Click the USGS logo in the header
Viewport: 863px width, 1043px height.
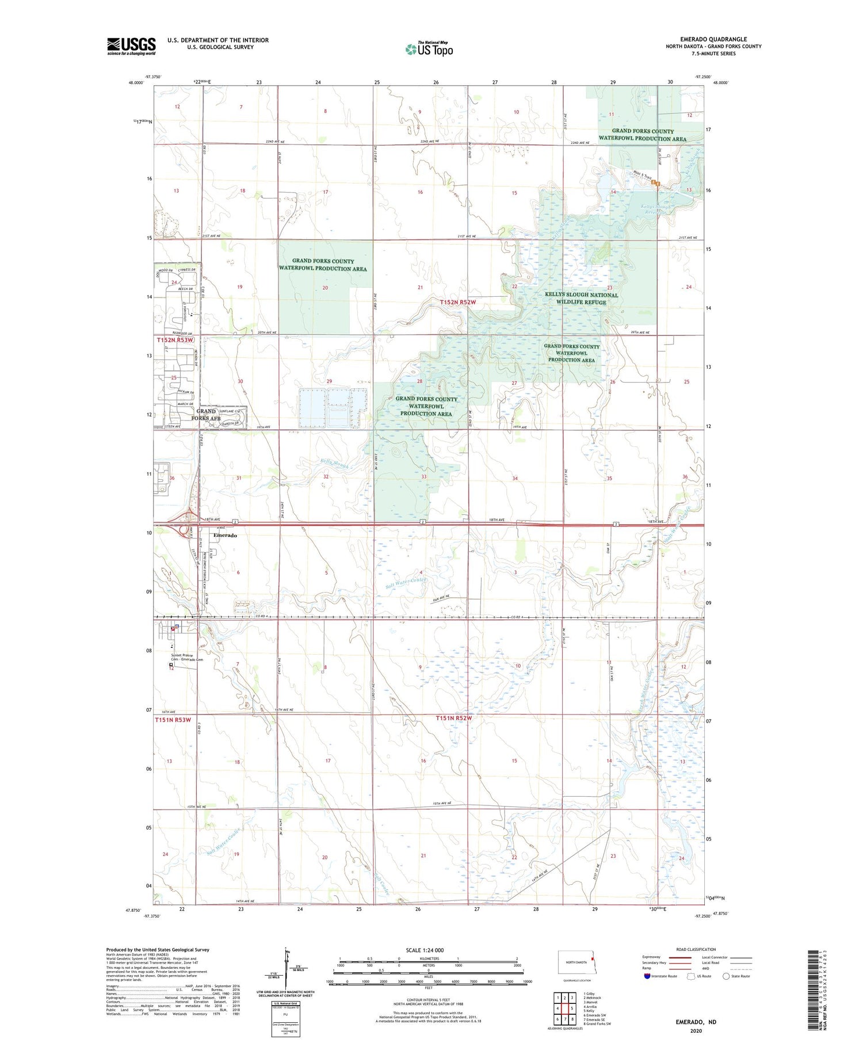(x=131, y=46)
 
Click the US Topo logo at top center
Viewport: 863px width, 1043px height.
(x=429, y=49)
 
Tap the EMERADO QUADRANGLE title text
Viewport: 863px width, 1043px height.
(x=713, y=39)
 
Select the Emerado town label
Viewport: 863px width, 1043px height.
(x=225, y=535)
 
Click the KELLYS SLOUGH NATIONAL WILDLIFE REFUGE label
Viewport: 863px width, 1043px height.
(x=581, y=298)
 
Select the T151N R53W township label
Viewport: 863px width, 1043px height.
(x=173, y=720)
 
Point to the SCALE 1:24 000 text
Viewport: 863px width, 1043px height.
(x=425, y=950)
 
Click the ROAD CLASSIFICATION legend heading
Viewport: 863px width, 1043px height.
(x=696, y=949)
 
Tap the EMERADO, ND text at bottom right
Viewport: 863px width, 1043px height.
(x=696, y=1022)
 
